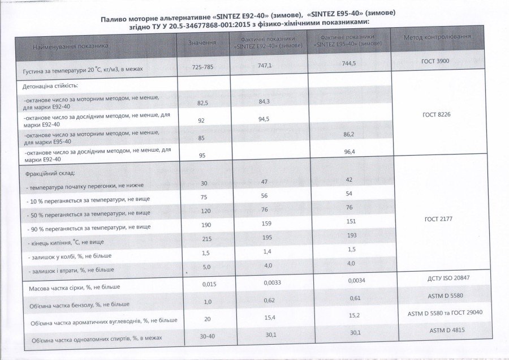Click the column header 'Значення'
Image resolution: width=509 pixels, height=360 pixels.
coord(201,42)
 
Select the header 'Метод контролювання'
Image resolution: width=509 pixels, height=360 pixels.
coord(437,38)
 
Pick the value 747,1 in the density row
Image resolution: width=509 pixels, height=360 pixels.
coord(265,65)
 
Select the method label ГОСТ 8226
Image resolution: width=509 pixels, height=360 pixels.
coord(436,114)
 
